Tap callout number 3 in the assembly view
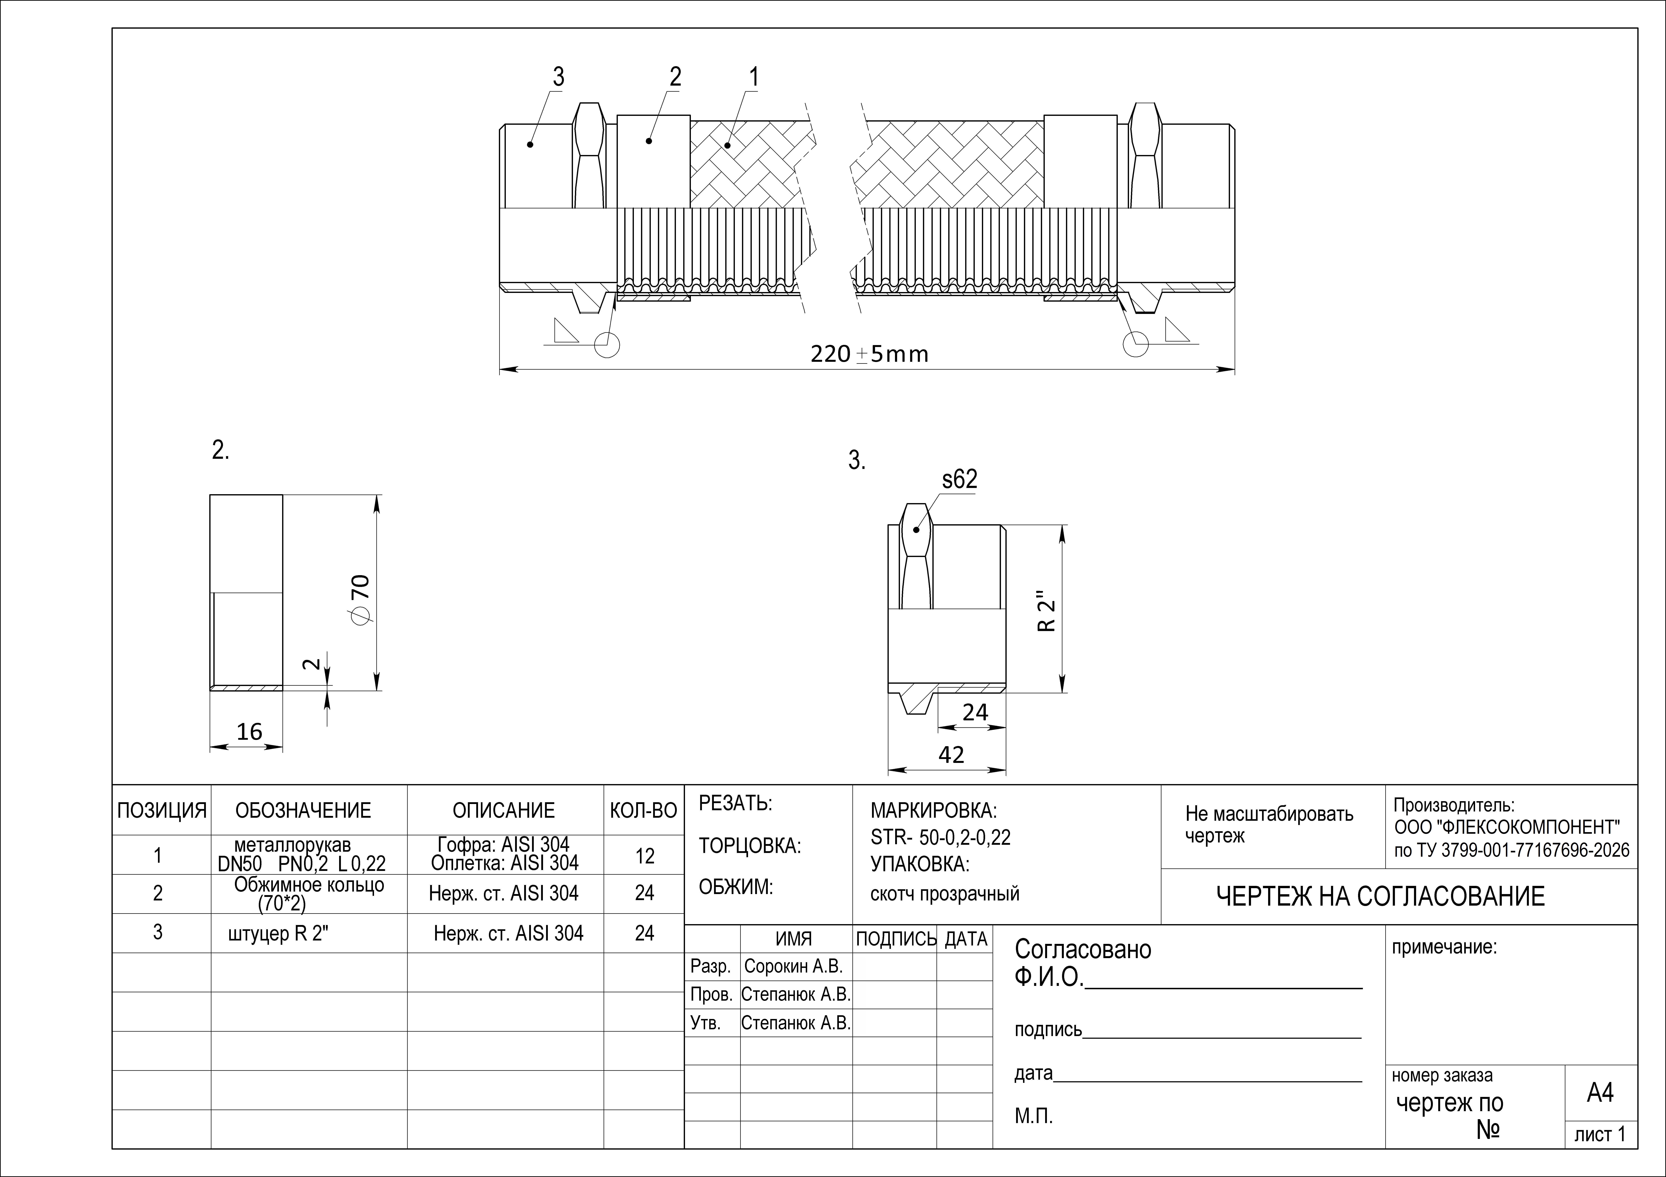tap(558, 77)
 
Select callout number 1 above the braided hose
tap(754, 77)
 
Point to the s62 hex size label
tap(959, 479)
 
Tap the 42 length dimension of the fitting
tap(951, 755)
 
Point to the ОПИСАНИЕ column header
tap(504, 810)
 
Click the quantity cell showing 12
tap(644, 857)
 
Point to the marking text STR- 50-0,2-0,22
tap(940, 838)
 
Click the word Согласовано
tap(1083, 949)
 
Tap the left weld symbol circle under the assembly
tap(607, 345)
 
